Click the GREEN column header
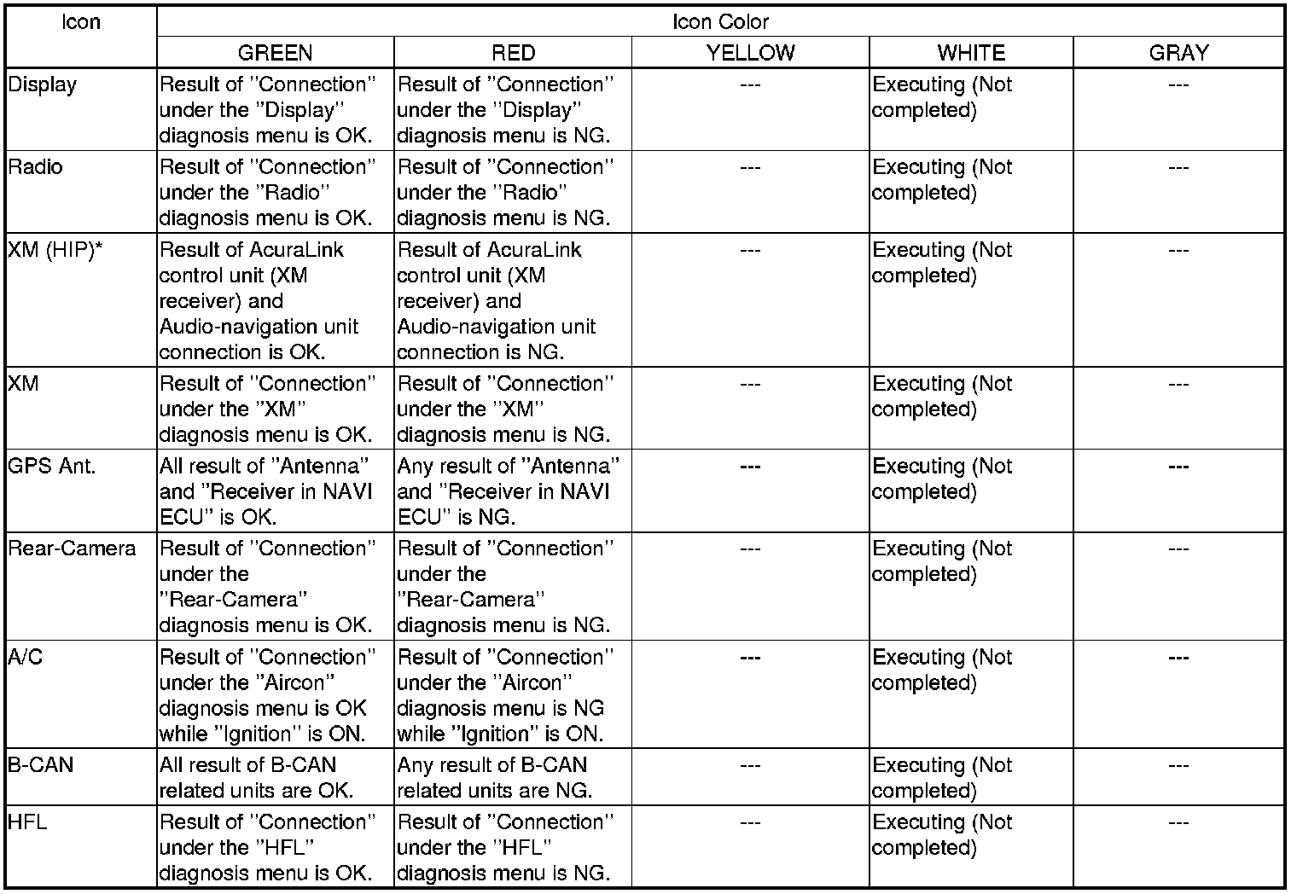(275, 53)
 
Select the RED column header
(513, 53)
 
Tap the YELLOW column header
(750, 53)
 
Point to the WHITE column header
(971, 53)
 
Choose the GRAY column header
(1178, 53)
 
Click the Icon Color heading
(720, 22)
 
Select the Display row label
(43, 85)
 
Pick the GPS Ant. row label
(52, 467)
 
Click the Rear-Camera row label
(72, 549)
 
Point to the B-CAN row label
(41, 765)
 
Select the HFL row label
(28, 822)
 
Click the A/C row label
(26, 658)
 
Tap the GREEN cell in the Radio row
(266, 193)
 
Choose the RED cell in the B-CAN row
(494, 777)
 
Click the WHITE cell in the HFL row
(942, 835)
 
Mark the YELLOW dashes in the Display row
(750, 85)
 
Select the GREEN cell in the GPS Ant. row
(266, 492)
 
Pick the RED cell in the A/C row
(504, 695)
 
